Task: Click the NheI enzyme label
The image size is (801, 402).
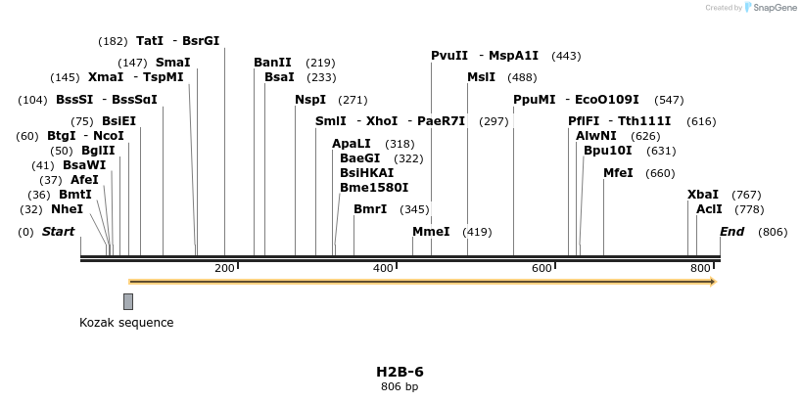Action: [67, 209]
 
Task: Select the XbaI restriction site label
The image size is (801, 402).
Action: [702, 195]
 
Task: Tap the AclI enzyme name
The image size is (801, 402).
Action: [709, 209]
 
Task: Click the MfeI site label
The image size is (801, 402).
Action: [618, 173]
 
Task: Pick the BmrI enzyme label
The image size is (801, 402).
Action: [370, 209]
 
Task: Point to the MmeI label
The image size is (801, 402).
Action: [431, 232]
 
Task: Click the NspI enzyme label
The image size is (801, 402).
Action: [310, 100]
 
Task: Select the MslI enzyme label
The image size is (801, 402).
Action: [481, 77]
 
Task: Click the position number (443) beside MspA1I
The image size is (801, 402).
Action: [566, 56]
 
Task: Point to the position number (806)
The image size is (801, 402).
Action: [772, 232]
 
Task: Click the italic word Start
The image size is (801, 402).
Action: [59, 232]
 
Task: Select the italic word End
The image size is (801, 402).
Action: [731, 232]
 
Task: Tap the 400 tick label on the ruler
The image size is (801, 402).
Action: [383, 268]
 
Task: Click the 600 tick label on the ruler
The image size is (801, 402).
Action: [542, 268]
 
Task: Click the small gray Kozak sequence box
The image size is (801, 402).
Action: [128, 301]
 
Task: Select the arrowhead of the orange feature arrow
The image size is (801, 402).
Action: [713, 282]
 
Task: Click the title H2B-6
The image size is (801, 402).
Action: [400, 372]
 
